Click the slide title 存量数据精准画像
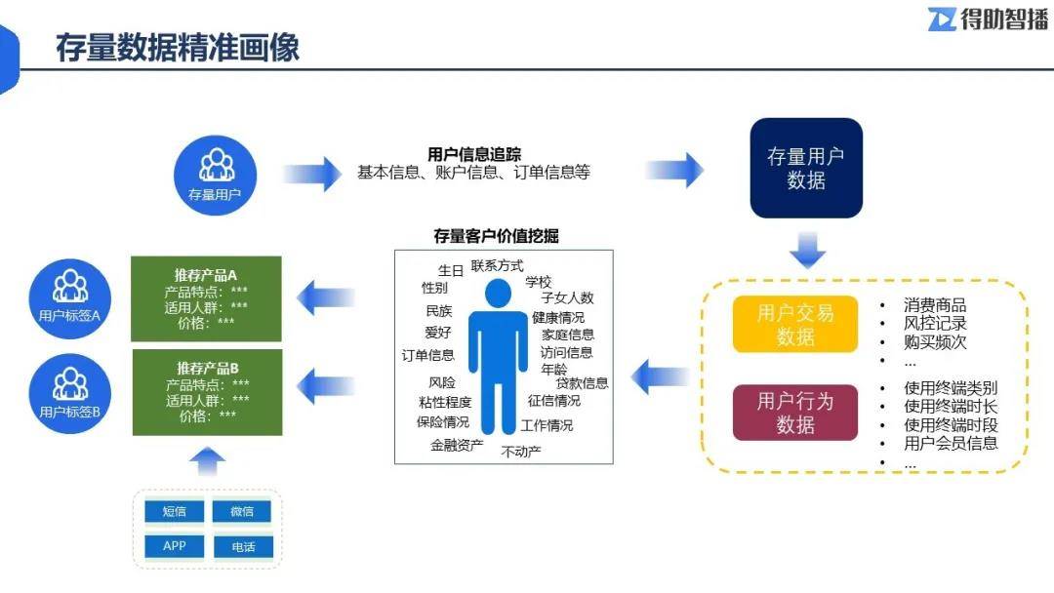(x=177, y=46)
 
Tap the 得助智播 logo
(x=987, y=19)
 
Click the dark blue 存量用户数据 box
(x=806, y=168)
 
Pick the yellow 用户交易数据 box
(x=795, y=324)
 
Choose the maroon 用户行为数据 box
(x=795, y=413)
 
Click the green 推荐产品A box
(x=207, y=298)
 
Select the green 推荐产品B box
(x=207, y=392)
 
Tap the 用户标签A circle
(x=69, y=296)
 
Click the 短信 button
(x=174, y=511)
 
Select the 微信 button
(x=242, y=511)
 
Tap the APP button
(x=174, y=546)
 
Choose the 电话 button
(x=242, y=547)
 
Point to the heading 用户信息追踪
(x=474, y=154)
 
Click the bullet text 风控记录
(x=935, y=324)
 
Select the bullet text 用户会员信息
(x=951, y=444)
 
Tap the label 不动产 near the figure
(x=521, y=452)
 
